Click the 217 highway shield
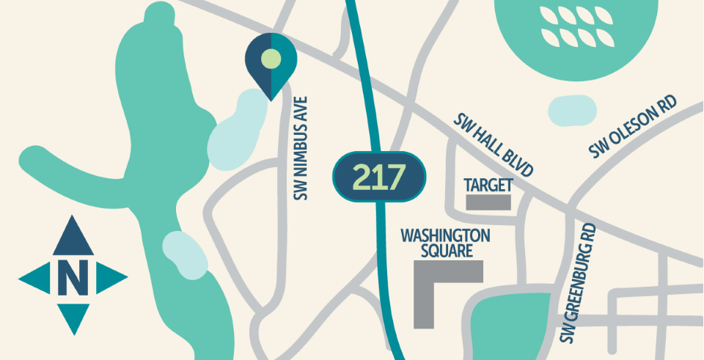pos(380,177)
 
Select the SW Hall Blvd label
pos(493,144)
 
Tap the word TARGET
pos(488,183)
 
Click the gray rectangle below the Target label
pos(488,202)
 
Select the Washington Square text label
pos(445,243)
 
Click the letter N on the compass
pos(72,276)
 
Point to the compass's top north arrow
pos(72,235)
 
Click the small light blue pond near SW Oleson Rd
pos(572,111)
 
